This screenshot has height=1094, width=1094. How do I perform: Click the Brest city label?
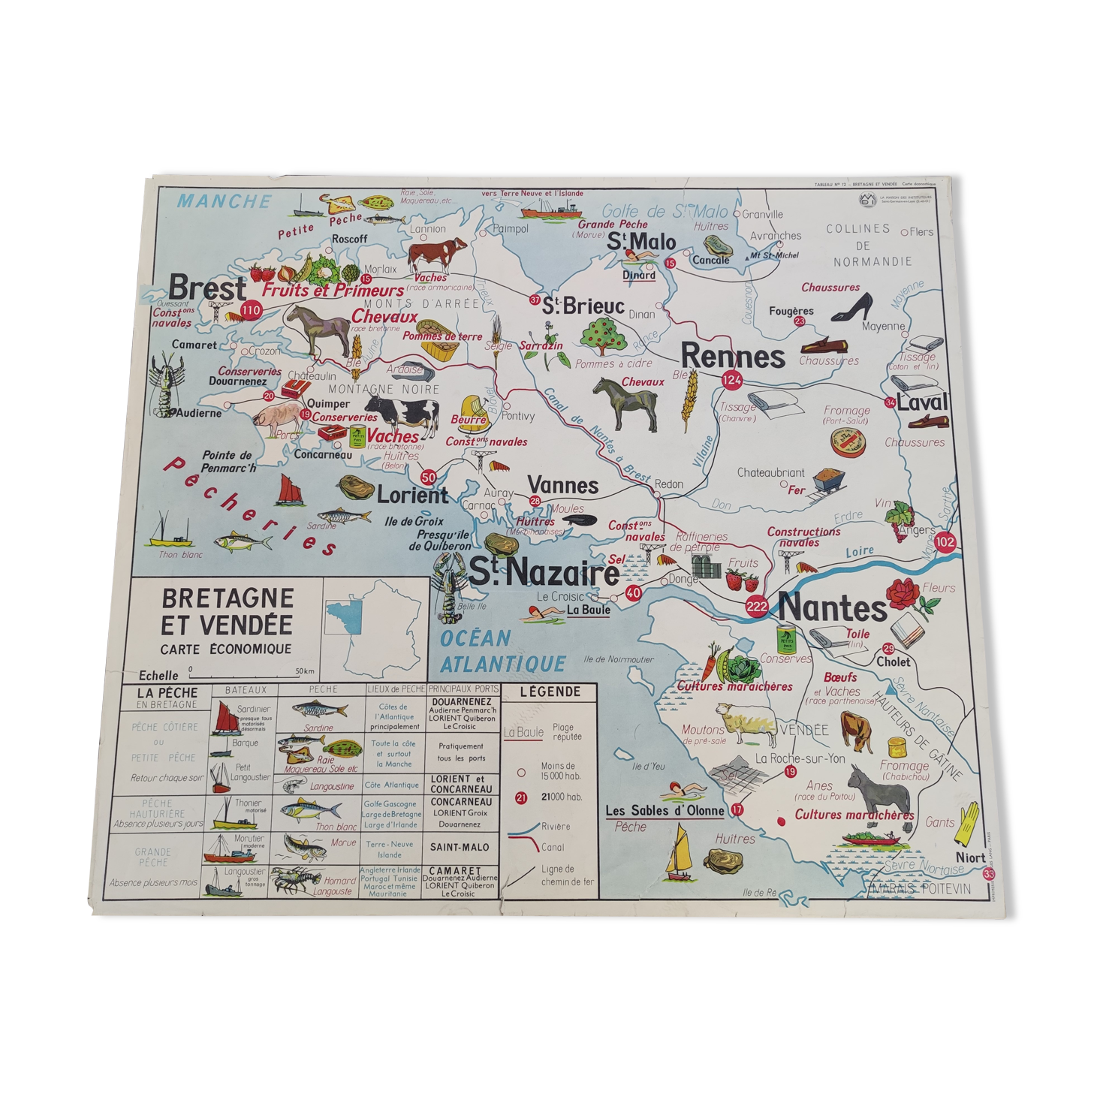[x=207, y=288]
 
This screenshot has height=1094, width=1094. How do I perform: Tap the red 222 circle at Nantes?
[x=756, y=606]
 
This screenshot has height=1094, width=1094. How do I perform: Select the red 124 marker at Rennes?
[x=731, y=380]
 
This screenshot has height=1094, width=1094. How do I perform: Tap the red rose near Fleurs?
[x=902, y=593]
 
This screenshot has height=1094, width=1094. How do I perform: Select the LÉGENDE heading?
[x=550, y=692]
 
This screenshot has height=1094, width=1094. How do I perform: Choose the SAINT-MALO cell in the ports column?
[x=460, y=847]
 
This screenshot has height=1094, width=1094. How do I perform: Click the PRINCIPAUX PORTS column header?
[x=463, y=689]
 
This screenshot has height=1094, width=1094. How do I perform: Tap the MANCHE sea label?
[x=223, y=201]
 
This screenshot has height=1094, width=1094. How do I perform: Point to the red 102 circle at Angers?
[x=945, y=542]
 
